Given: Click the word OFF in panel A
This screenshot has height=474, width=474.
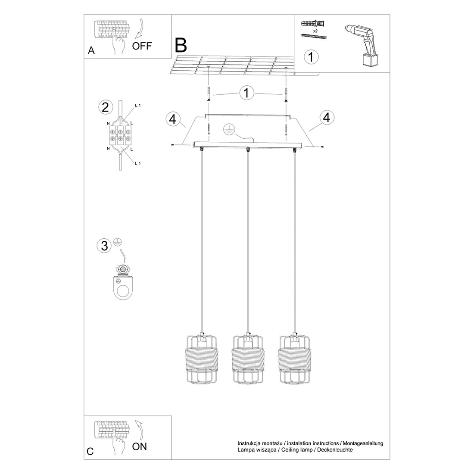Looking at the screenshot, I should click(142, 46).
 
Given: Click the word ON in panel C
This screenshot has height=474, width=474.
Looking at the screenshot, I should click(139, 446).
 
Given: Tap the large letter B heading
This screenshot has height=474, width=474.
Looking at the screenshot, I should click(181, 45).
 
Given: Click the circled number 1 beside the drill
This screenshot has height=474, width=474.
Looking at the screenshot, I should click(311, 57).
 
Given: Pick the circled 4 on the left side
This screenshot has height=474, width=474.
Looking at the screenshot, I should click(172, 119).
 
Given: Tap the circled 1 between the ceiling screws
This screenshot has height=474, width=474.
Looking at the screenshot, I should click(246, 93).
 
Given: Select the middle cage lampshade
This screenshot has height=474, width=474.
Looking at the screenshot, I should click(247, 359).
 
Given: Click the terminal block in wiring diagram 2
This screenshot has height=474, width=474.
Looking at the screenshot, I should click(120, 134).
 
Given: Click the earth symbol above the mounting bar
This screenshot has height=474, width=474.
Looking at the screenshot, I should click(229, 129).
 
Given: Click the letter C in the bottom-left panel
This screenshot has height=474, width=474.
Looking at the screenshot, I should click(90, 452).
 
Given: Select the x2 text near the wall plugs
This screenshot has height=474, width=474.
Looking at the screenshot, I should click(316, 31).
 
